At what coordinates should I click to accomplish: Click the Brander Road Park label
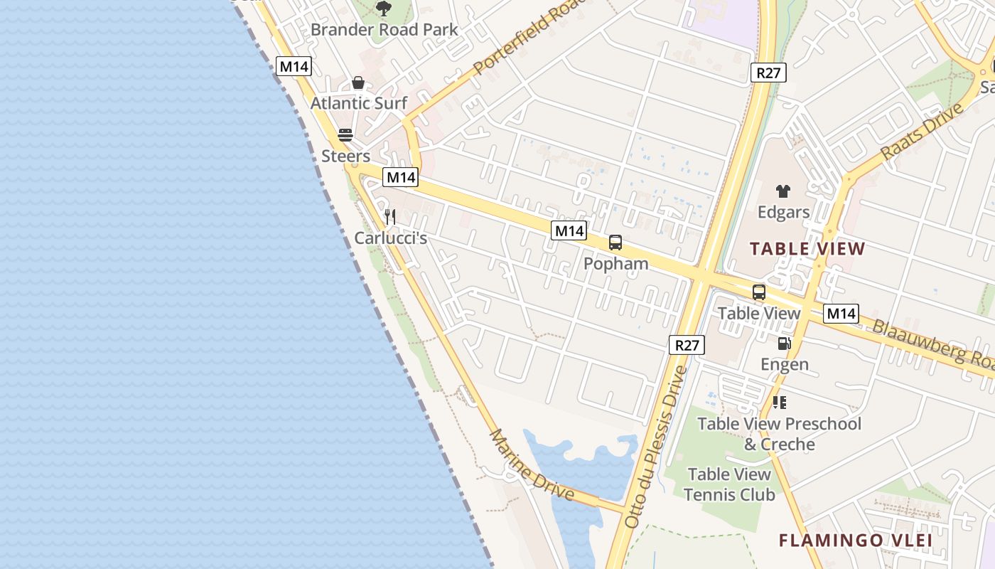pos(384,30)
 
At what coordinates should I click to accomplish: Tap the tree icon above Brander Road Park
pos(384,9)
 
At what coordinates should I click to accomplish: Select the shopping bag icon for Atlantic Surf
pos(358,83)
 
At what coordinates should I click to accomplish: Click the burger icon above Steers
pos(345,135)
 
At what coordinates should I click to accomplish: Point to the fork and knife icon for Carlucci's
pos(389,216)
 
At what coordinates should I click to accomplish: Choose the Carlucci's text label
pos(390,238)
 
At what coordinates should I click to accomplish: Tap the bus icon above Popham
pos(615,243)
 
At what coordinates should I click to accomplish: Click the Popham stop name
pos(615,264)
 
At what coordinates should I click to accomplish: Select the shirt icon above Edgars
pos(783,191)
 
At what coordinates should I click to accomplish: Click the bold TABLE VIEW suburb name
pos(807,249)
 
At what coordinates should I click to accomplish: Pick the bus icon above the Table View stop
pos(759,292)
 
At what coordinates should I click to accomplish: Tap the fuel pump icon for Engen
pos(784,344)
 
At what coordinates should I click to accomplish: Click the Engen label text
pos(785,365)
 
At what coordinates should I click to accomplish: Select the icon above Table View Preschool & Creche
pos(780,403)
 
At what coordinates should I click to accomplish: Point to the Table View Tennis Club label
pos(729,484)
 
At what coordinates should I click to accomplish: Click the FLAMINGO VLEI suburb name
pos(855,541)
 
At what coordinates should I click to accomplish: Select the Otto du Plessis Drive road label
pos(656,447)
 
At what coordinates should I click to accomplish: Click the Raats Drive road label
pos(922,131)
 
